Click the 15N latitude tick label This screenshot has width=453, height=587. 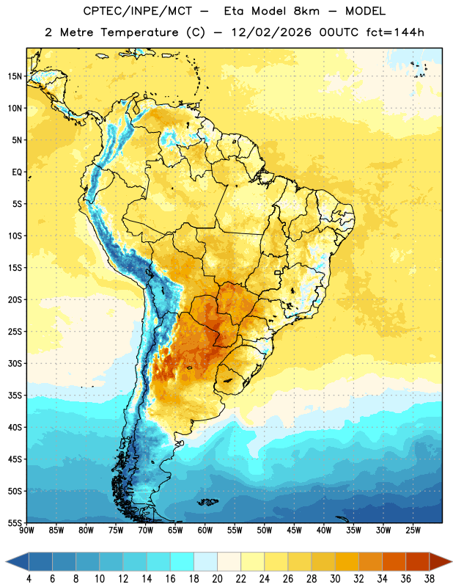click(15, 76)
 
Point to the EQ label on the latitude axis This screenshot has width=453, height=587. click(17, 172)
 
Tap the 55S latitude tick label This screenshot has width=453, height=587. click(15, 522)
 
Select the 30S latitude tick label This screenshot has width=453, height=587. click(15, 363)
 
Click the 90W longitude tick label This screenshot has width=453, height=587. click(27, 531)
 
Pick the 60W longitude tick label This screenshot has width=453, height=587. click(205, 531)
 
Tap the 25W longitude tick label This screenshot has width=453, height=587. click(413, 531)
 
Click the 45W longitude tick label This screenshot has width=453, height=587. click(294, 531)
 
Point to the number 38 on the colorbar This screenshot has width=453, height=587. click(429, 579)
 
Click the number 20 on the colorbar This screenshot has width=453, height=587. click(217, 579)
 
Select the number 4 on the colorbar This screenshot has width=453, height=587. click(29, 579)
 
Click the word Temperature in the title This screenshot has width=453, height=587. click(139, 32)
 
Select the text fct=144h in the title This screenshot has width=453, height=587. click(395, 32)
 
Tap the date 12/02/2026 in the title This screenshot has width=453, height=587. click(271, 32)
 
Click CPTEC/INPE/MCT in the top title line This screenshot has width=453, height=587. click(137, 11)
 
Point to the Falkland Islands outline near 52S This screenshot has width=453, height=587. click(208, 502)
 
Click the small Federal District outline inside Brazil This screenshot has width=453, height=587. click(278, 272)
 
